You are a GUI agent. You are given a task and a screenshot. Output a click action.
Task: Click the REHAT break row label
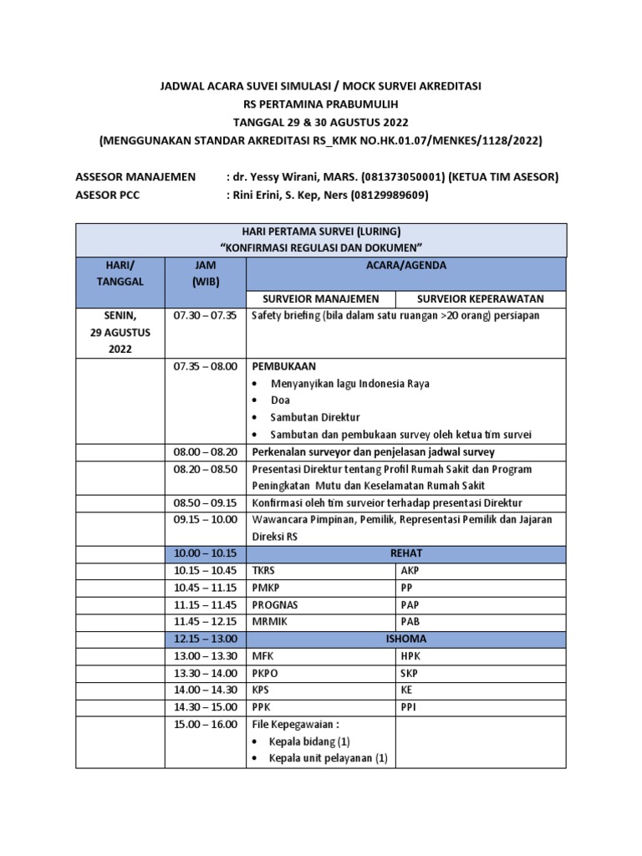pos(406,553)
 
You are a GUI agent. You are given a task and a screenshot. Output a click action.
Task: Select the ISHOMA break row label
pos(406,639)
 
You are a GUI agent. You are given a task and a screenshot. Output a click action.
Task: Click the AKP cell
pos(410,571)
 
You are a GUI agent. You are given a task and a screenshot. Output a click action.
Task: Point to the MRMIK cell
pos(270,621)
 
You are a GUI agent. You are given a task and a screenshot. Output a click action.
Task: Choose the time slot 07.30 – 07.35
pos(205,317)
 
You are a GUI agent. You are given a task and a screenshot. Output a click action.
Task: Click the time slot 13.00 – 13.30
pos(205,655)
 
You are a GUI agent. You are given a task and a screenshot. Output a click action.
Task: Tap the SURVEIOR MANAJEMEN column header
pos(322,299)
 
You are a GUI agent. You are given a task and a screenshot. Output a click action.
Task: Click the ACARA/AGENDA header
pos(406,265)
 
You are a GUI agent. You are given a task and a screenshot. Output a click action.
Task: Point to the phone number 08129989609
pos(387,196)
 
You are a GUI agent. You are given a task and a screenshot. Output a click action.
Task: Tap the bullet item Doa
pos(280,400)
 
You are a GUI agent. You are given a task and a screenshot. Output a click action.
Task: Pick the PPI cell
pos(409,706)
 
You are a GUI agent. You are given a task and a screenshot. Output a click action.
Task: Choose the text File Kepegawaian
pos(292,724)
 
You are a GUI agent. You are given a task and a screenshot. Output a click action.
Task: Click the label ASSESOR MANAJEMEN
pos(135,177)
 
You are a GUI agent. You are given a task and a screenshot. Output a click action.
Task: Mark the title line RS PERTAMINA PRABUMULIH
pos(320,104)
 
